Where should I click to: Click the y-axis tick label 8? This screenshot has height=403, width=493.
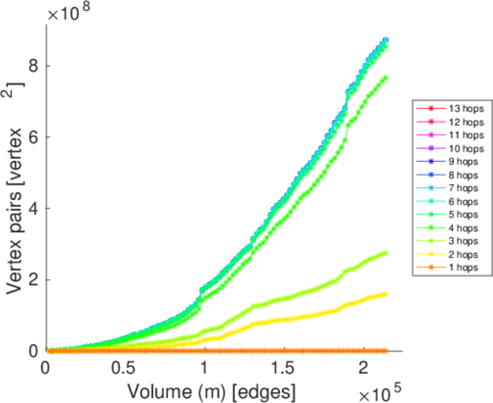pyautogui.click(x=31, y=66)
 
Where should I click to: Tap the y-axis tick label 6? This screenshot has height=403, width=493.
pyautogui.click(x=31, y=137)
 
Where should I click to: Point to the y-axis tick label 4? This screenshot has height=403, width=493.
pyautogui.click(x=31, y=208)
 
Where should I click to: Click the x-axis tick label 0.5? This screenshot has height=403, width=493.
pyautogui.click(x=125, y=368)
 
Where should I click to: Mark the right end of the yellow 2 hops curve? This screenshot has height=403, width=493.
pyautogui.click(x=385, y=294)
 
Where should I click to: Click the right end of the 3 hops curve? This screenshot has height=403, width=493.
pyautogui.click(x=385, y=253)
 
